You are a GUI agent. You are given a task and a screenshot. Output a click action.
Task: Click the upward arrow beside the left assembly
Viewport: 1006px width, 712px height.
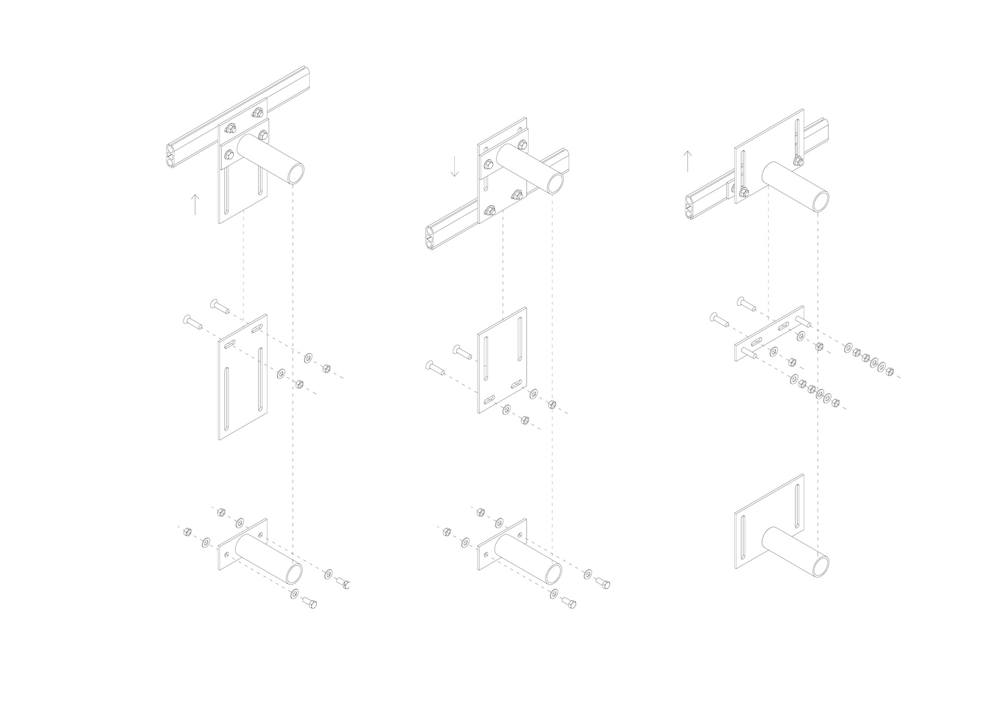pyautogui.click(x=195, y=204)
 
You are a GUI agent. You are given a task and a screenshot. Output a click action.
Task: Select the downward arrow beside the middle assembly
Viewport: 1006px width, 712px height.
pyautogui.click(x=455, y=166)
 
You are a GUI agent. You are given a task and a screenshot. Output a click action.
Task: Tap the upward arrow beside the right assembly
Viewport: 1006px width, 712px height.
pyautogui.click(x=687, y=161)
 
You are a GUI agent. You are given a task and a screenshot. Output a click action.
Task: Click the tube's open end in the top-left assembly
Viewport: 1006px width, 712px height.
pyautogui.click(x=293, y=174)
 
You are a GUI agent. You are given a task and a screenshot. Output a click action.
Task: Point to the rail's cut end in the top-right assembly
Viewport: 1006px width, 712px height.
pyautogui.click(x=690, y=211)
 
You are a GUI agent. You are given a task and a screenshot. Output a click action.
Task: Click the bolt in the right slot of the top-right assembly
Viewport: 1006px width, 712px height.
pyautogui.click(x=798, y=161)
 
